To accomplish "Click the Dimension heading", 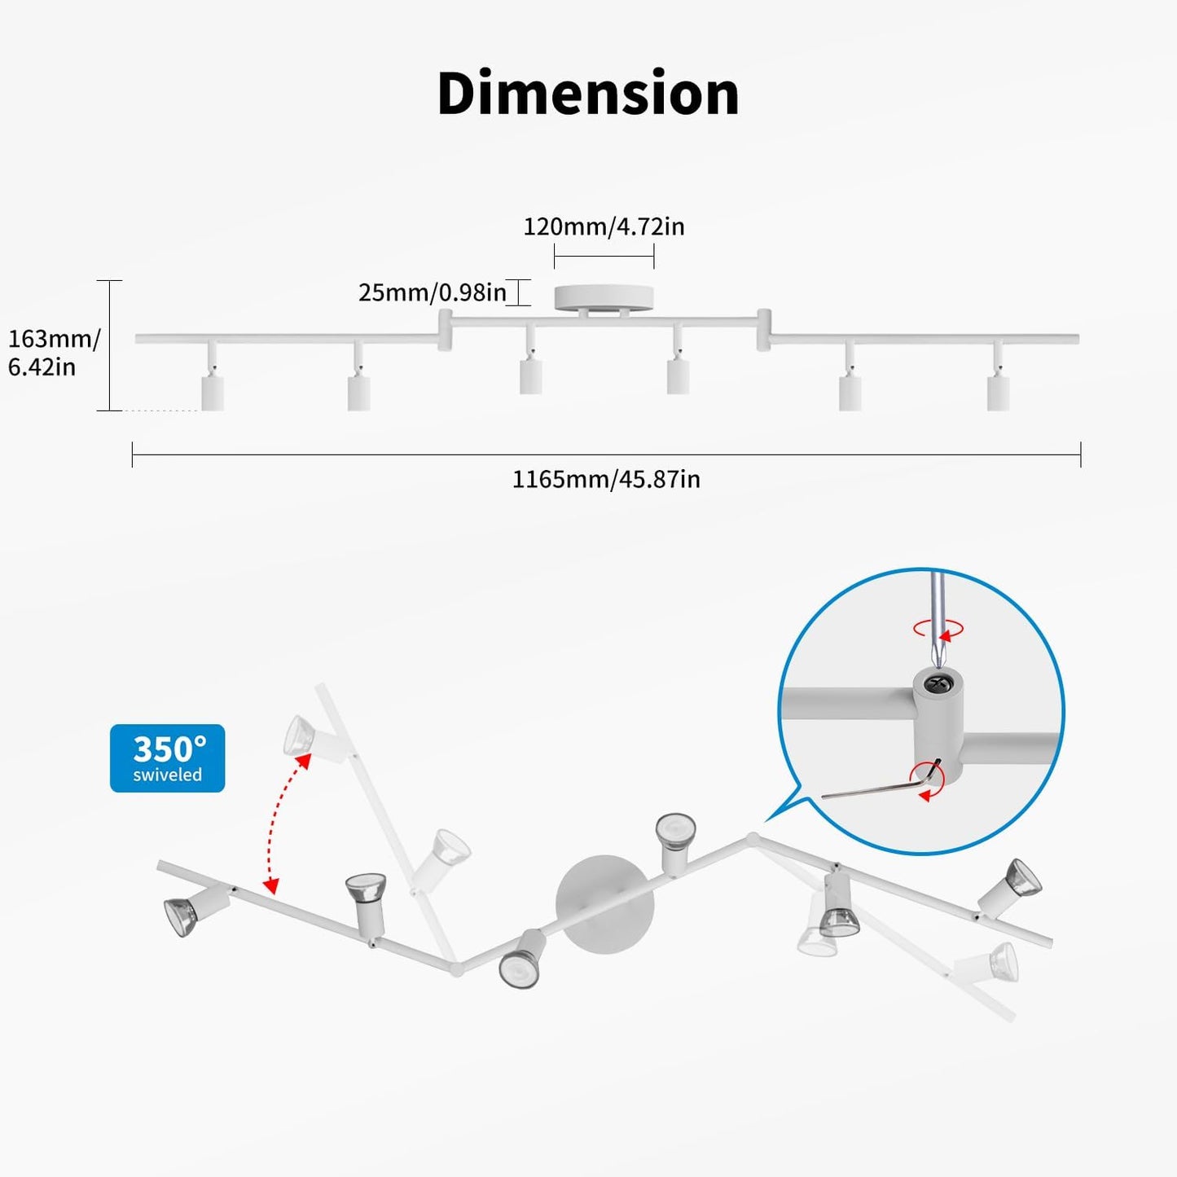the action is point(588,93).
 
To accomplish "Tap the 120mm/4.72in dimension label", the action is point(604,226).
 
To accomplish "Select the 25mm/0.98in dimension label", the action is point(433,292).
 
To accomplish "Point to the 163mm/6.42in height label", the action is point(54,353).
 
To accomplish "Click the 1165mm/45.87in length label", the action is point(606,480).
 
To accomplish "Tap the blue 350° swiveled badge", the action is point(167,758).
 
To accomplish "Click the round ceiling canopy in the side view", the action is point(604,298).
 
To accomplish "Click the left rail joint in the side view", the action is point(445,330).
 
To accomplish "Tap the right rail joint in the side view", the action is point(763,330).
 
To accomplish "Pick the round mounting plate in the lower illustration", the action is point(604,905).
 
